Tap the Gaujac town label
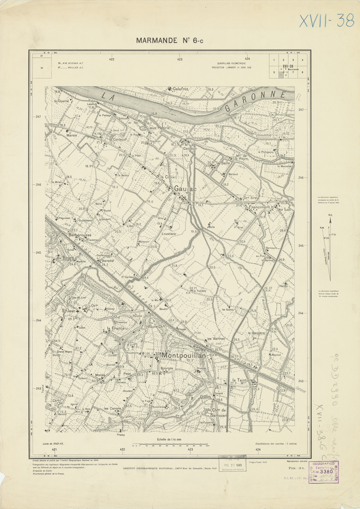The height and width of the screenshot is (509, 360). [x=185, y=188]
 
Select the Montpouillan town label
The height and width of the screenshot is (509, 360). [x=184, y=355]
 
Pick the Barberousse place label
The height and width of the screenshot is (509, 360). [x=76, y=235]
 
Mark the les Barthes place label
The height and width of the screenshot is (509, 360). [x=216, y=339]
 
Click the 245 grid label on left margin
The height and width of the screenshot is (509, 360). [x=38, y=253]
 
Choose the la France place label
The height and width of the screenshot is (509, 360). [x=115, y=328]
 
